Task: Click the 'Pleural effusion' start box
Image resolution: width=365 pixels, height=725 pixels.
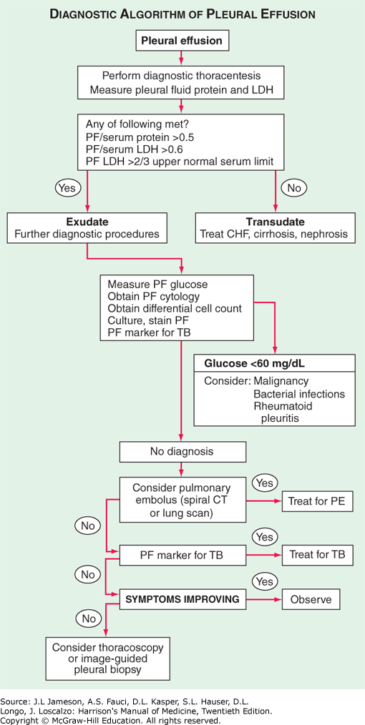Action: pos(181,41)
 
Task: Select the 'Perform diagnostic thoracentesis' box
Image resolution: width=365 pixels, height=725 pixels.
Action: pos(181,83)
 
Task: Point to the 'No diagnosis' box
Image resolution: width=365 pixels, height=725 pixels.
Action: pos(182,451)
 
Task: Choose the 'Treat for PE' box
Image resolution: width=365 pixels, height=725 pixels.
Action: pos(316,502)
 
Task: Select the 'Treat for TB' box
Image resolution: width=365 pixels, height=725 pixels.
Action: pos(316,553)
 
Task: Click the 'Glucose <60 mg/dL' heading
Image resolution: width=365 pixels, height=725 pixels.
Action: pos(245,362)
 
